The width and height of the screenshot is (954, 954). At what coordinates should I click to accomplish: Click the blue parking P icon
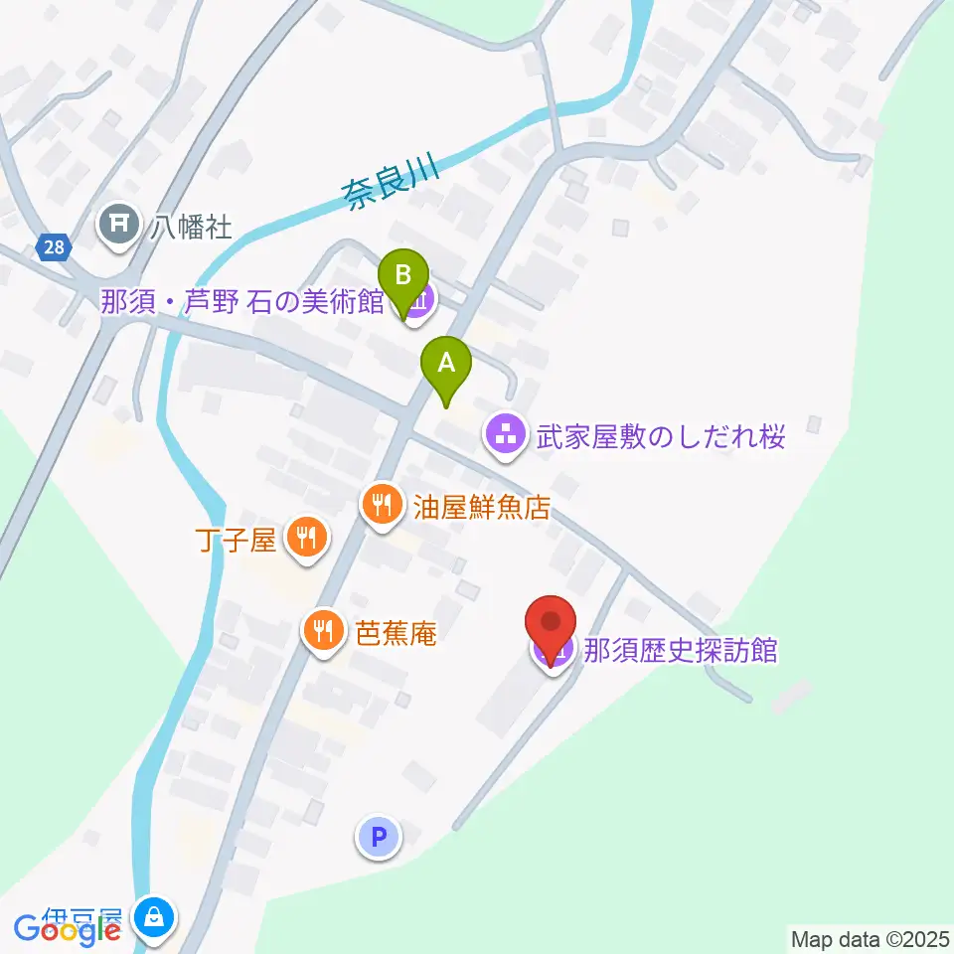point(378,837)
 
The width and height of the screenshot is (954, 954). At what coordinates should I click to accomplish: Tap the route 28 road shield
point(55,247)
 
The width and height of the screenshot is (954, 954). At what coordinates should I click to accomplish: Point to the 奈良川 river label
point(392,179)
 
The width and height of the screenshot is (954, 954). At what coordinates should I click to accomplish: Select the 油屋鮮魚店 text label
point(481,508)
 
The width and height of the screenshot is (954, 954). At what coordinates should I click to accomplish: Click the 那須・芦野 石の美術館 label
point(241,300)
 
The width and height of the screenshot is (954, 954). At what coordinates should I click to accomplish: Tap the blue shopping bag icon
point(157,917)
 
